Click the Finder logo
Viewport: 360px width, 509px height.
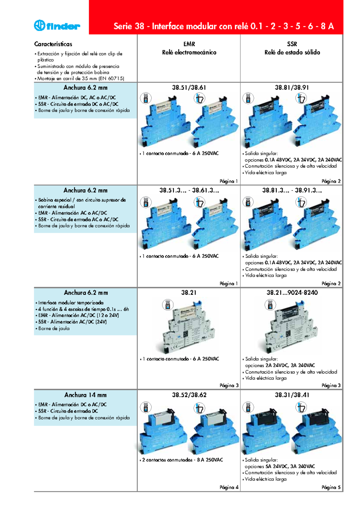tap(57, 26)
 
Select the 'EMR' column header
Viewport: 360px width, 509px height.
tap(189, 44)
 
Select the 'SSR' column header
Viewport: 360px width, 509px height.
tap(292, 44)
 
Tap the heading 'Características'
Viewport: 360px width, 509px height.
tap(53, 44)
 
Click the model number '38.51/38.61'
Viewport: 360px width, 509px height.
tap(189, 88)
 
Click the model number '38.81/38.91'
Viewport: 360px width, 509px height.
tap(292, 88)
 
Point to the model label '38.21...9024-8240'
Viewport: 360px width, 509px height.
tap(292, 293)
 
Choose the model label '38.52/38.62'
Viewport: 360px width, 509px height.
tap(189, 395)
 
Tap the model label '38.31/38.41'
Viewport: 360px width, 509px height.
tap(292, 395)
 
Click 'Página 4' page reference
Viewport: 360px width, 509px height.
tap(229, 487)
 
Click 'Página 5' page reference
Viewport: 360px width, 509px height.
tap(331, 487)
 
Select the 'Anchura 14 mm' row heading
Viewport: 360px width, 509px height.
tap(85, 395)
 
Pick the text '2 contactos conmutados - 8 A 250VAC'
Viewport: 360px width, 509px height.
tap(182, 460)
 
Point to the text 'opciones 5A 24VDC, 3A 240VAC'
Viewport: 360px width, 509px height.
tap(280, 466)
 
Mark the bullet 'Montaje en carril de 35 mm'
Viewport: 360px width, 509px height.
tap(80, 79)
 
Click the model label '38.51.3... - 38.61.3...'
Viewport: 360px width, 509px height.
tap(189, 190)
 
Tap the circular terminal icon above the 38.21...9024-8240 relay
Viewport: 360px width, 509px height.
tap(270, 305)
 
